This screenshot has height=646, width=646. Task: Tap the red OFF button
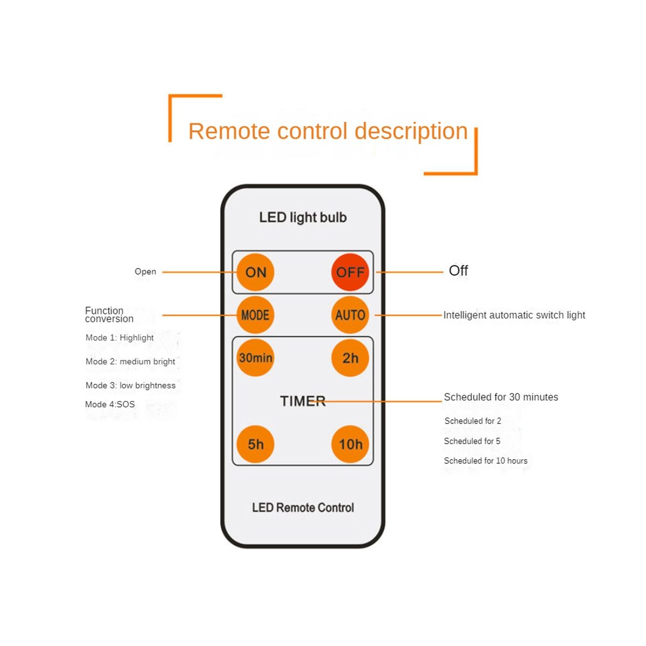coord(350,272)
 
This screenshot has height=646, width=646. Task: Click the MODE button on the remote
coord(255,315)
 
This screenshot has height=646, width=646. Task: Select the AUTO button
coord(350,315)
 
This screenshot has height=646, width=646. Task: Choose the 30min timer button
coord(255,358)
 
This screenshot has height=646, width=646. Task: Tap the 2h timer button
coord(350,358)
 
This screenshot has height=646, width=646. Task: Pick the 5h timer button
coord(255,444)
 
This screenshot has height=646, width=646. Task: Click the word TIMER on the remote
coord(303,401)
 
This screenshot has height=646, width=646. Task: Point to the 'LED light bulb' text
coord(303,217)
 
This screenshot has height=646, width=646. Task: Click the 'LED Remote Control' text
coord(303,508)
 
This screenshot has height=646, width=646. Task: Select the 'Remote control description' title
coord(328,131)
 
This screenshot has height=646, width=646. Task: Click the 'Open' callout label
coord(145,272)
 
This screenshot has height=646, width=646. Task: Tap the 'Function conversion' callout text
coord(109,315)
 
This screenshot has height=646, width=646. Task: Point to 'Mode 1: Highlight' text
coord(120,338)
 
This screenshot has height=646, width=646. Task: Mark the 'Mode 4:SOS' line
coord(110,404)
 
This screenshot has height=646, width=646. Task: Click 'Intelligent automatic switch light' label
coord(514,315)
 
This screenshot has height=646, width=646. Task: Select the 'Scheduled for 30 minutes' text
coord(501,397)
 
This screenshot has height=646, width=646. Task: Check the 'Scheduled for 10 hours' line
coord(486,461)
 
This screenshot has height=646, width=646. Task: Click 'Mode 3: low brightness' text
coord(130,385)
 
